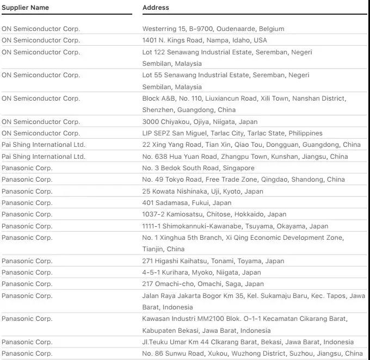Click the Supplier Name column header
[25, 8]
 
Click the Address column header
[156, 8]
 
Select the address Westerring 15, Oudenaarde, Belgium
[213, 29]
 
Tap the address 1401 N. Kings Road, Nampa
[205, 40]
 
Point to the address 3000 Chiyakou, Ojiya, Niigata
[200, 122]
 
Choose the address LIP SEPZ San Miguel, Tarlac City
[232, 133]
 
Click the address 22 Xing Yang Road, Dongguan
[251, 145]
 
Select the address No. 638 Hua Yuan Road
[245, 157]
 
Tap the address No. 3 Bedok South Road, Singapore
[198, 168]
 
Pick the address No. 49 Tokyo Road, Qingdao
[243, 179]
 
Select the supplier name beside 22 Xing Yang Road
[44, 145]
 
